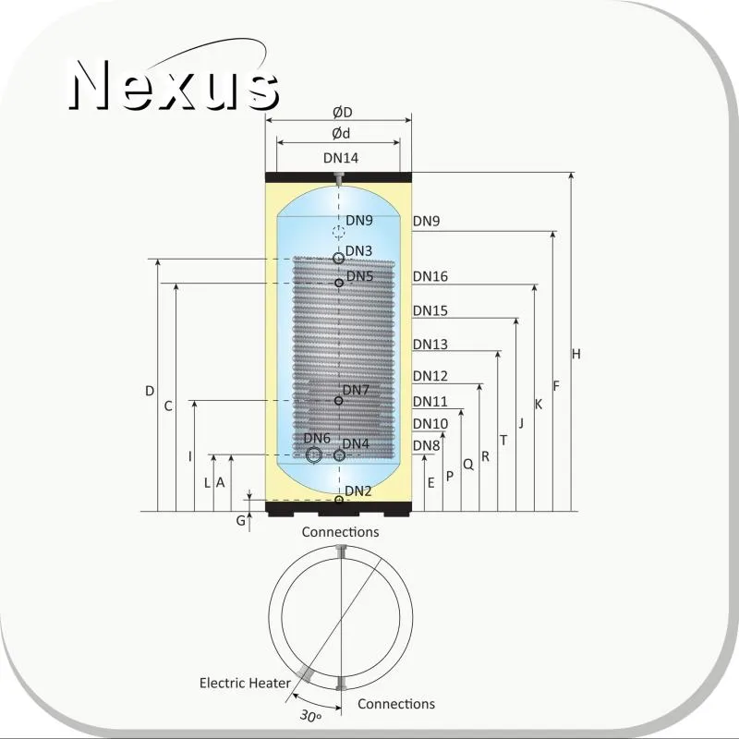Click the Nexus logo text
pyautogui.click(x=174, y=85)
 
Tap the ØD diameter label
pyautogui.click(x=342, y=113)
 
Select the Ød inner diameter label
pyautogui.click(x=341, y=134)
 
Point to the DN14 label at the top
pyautogui.click(x=341, y=158)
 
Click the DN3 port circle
pyautogui.click(x=338, y=259)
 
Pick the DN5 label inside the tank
pyautogui.click(x=359, y=276)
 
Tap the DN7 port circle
pyautogui.click(x=338, y=401)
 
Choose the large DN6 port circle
pyautogui.click(x=313, y=455)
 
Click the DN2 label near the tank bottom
pyautogui.click(x=358, y=491)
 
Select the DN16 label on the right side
pyautogui.click(x=430, y=276)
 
